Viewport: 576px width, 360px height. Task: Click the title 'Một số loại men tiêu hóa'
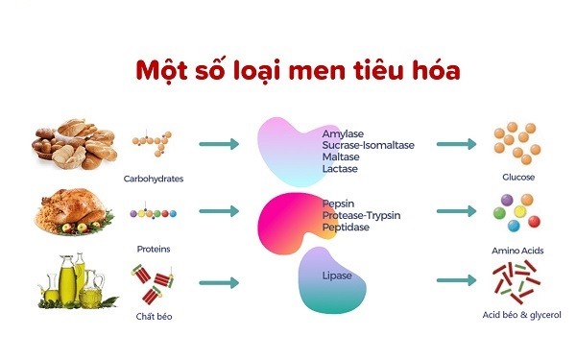[x=287, y=71]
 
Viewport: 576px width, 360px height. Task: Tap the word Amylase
[x=343, y=134]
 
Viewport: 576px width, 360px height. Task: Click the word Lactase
[x=340, y=169]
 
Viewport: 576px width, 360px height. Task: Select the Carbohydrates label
[x=154, y=179]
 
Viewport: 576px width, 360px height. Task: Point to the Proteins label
[x=154, y=249]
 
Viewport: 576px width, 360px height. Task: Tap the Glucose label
[x=516, y=178]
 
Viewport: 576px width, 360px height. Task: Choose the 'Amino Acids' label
[x=516, y=251]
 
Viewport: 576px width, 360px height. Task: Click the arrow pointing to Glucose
[x=457, y=144]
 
